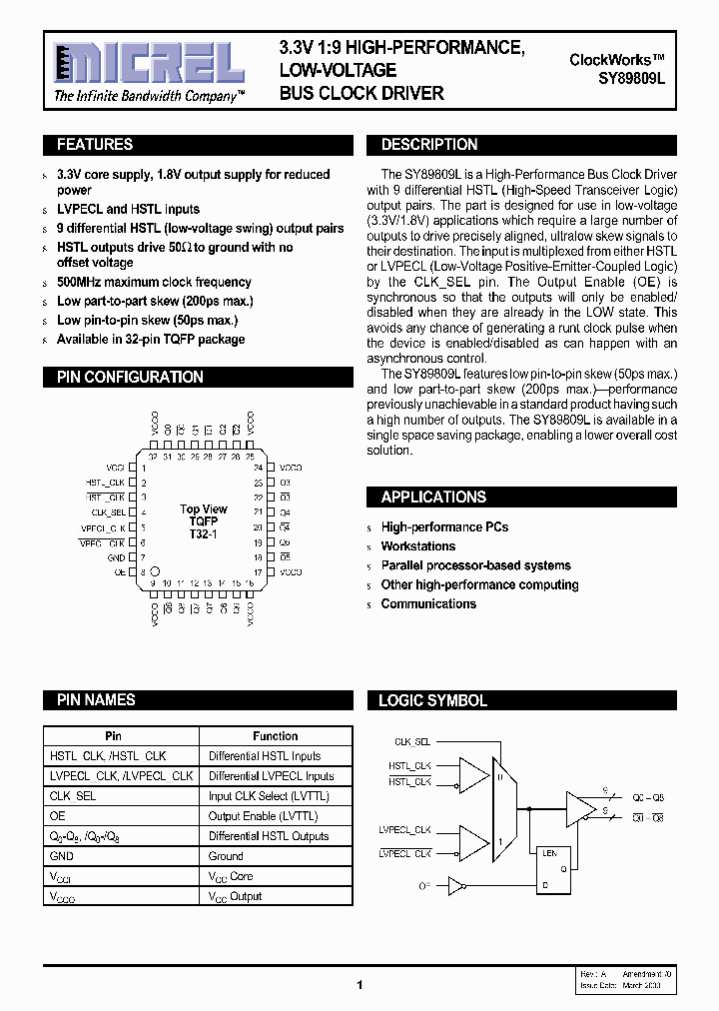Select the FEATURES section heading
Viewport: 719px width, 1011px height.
pyautogui.click(x=95, y=145)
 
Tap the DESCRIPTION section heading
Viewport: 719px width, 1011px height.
pyautogui.click(x=429, y=145)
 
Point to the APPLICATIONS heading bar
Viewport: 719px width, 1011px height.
pyautogui.click(x=433, y=497)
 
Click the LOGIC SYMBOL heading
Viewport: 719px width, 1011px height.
pyautogui.click(x=432, y=700)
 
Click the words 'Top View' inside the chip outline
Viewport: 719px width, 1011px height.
pyautogui.click(x=204, y=509)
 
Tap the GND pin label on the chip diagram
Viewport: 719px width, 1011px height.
pyautogui.click(x=116, y=557)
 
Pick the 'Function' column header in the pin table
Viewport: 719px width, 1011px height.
pyautogui.click(x=275, y=736)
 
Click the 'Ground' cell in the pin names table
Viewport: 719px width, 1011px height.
pyautogui.click(x=226, y=856)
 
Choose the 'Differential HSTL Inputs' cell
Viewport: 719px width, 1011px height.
pyautogui.click(x=265, y=756)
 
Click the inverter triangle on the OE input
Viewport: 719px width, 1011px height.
pyautogui.click(x=455, y=885)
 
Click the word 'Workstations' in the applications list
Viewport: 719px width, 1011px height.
pyautogui.click(x=417, y=546)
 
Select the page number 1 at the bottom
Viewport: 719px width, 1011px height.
pyautogui.click(x=359, y=985)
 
